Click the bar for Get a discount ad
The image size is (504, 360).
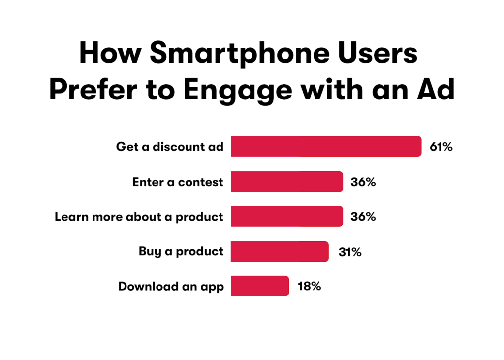326,146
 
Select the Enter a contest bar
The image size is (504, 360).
287,182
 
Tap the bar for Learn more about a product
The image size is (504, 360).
287,216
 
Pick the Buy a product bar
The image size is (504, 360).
280,251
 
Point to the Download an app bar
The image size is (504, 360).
260,286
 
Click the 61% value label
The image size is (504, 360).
441,147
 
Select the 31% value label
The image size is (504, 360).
350,252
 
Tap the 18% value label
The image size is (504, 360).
309,286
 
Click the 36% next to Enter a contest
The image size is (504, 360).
363,182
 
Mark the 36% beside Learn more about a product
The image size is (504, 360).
363,217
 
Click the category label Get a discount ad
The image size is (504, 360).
170,147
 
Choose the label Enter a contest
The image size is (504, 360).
178,182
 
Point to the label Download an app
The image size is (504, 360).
171,287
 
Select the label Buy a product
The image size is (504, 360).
181,252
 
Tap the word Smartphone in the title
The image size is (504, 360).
240,54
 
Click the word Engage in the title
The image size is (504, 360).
238,90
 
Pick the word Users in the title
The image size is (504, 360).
378,53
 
